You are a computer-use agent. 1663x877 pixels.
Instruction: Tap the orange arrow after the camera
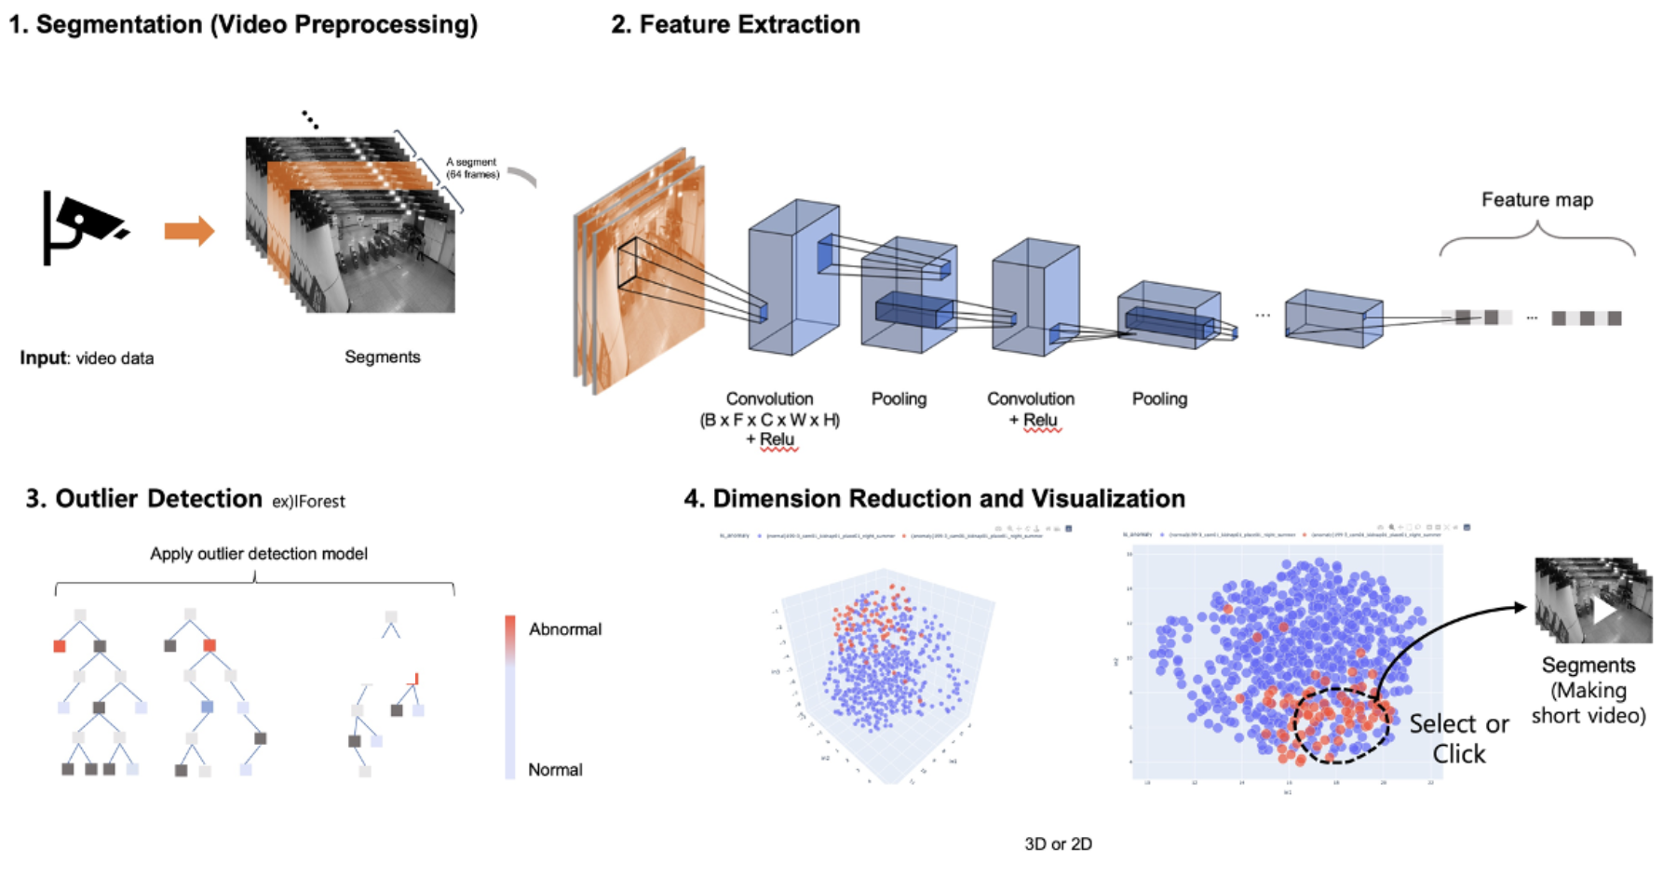pos(189,231)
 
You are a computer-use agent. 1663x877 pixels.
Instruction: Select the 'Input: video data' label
pos(87,358)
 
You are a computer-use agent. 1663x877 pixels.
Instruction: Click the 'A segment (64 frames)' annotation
pos(472,168)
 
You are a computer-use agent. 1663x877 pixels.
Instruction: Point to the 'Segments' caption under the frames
pos(382,357)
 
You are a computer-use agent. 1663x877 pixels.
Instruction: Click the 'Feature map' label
pos(1536,199)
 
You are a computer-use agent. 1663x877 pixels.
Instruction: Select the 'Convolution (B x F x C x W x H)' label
pos(769,410)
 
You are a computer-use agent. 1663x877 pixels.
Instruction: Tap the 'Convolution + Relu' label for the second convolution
pos(1030,409)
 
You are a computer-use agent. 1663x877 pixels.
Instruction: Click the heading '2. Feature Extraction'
pos(735,24)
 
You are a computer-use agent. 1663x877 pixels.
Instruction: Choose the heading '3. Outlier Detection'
pos(144,499)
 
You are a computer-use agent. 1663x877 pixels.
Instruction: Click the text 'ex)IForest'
pos(308,502)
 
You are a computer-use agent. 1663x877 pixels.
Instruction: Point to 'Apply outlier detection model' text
pos(259,554)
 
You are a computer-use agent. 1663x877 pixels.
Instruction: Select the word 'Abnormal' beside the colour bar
pos(565,629)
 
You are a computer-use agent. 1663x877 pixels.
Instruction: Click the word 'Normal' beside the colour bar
pos(555,770)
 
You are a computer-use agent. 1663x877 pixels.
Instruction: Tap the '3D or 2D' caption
pos(1058,844)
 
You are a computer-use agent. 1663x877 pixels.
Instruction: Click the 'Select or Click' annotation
pos(1458,738)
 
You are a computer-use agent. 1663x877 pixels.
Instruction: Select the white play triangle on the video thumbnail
pos(1603,611)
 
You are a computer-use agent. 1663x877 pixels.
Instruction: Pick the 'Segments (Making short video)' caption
pos(1588,690)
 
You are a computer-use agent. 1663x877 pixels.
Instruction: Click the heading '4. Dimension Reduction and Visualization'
pos(934,499)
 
